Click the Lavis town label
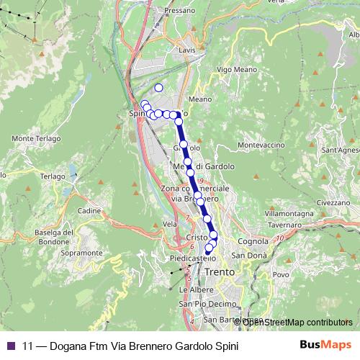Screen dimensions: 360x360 click(187, 50)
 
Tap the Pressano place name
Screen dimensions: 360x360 click(180, 12)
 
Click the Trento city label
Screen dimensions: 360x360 click(219, 273)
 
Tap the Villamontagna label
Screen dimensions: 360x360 click(289, 214)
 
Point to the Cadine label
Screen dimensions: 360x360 click(89, 210)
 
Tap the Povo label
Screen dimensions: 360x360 click(281, 275)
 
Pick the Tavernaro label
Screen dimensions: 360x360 click(284, 225)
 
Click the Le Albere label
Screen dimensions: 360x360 click(192, 289)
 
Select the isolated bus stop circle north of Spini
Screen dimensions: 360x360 click(158, 88)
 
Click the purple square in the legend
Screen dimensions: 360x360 click(11, 345)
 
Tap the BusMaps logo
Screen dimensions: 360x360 click(325, 345)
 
